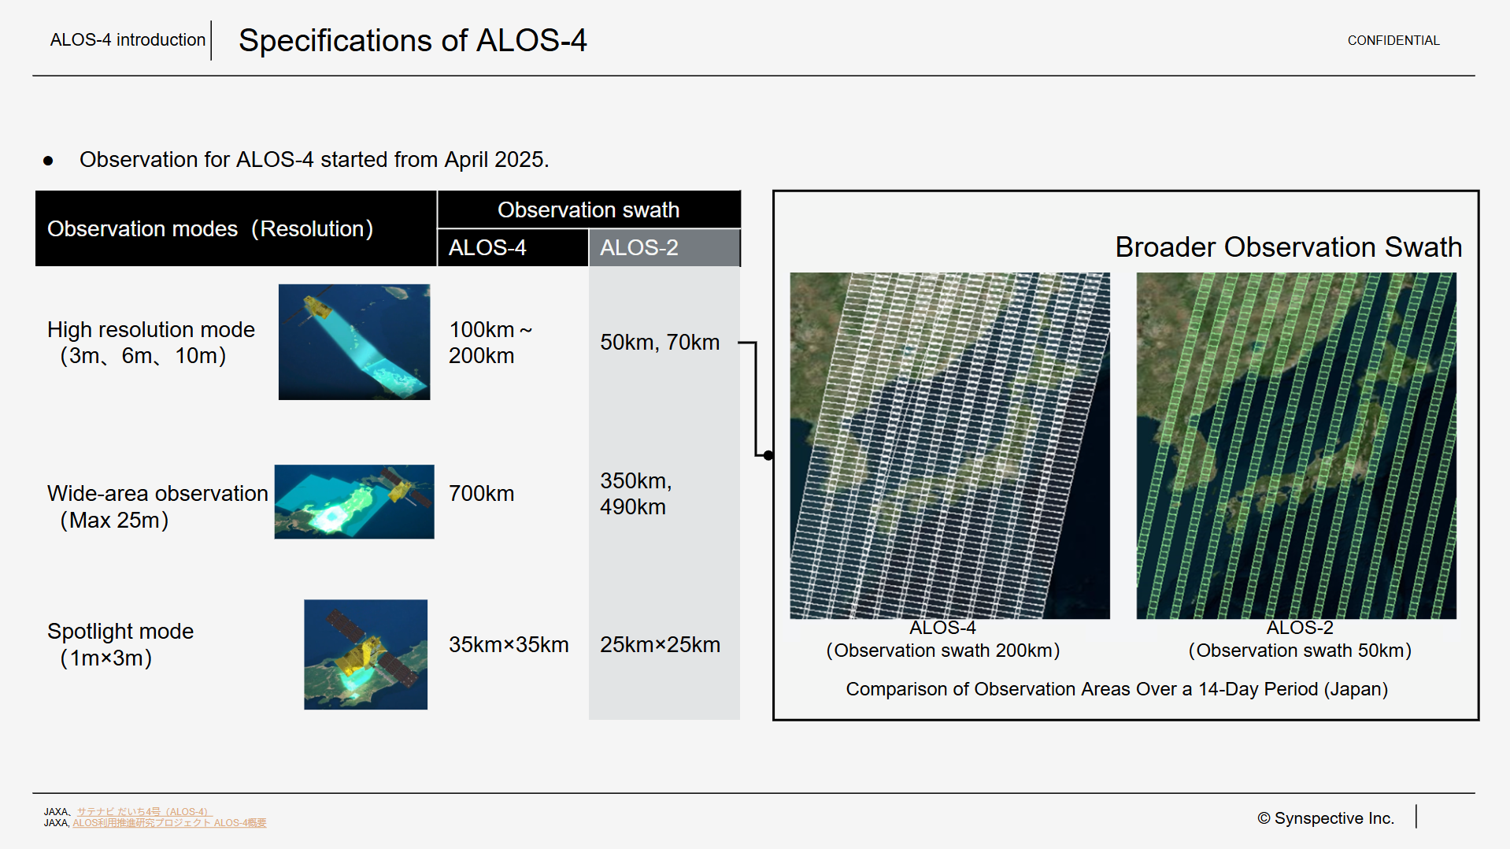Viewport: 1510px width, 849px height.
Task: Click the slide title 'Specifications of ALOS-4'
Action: tap(413, 40)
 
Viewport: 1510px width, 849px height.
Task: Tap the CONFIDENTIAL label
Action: tap(1393, 40)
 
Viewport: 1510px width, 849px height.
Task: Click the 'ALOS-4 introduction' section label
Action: tap(128, 40)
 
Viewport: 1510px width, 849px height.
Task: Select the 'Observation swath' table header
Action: tap(588, 209)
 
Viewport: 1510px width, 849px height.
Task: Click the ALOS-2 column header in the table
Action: tap(638, 247)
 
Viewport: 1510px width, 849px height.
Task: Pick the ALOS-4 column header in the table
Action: tap(487, 247)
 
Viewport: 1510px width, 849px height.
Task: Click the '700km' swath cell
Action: tap(481, 493)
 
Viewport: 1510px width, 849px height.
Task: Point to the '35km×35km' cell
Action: tap(509, 644)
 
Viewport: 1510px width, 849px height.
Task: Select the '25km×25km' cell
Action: tap(660, 644)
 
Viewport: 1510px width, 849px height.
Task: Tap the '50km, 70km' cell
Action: tap(660, 342)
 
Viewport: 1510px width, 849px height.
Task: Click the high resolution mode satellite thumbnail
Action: tap(354, 342)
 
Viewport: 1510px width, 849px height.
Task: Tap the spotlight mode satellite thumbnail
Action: tap(365, 654)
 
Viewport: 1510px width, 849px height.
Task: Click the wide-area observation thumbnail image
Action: tap(354, 502)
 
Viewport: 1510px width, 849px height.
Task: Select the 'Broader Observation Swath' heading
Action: tap(1288, 247)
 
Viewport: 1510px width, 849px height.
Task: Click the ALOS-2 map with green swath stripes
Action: tap(1296, 446)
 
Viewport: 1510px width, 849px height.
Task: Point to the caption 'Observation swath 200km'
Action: tap(943, 651)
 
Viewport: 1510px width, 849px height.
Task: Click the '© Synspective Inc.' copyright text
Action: tap(1326, 818)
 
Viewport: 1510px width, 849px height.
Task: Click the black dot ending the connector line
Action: tap(768, 455)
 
